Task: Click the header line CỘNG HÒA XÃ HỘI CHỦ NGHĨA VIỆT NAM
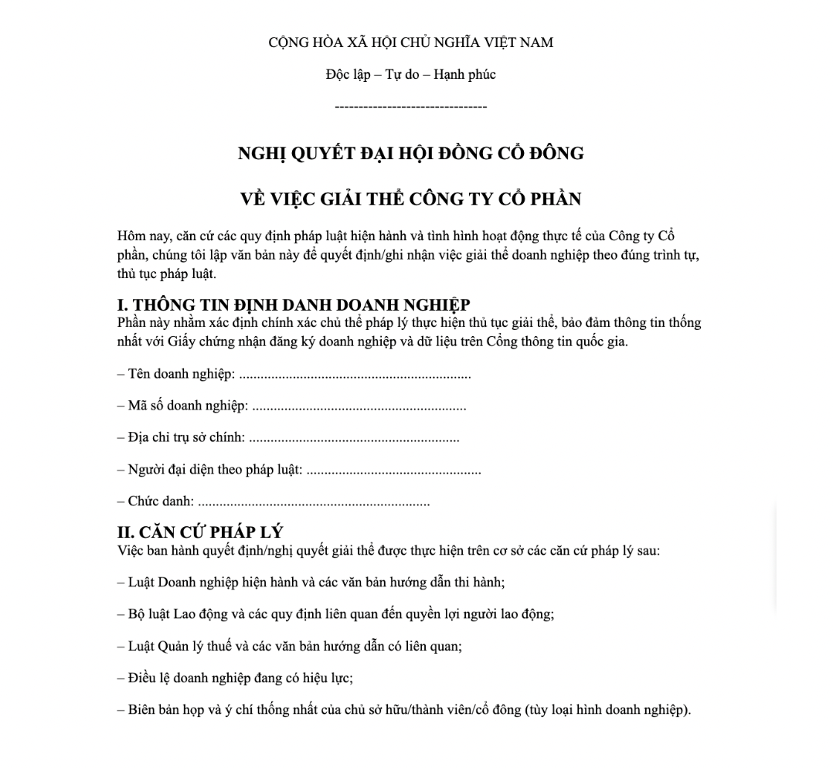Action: tap(410, 42)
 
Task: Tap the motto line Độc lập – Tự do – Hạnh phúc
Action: tap(410, 75)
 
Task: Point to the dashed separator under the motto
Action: tap(410, 106)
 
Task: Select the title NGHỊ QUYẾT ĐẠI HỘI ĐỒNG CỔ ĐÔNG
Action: tap(410, 153)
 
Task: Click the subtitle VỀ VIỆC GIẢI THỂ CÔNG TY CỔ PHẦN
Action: tap(410, 199)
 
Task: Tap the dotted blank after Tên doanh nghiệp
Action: tap(355, 375)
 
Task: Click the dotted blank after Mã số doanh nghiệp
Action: tap(359, 406)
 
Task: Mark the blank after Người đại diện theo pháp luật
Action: tap(393, 470)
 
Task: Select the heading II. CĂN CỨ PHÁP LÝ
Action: tap(200, 532)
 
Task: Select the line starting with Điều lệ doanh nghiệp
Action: tap(235, 678)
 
